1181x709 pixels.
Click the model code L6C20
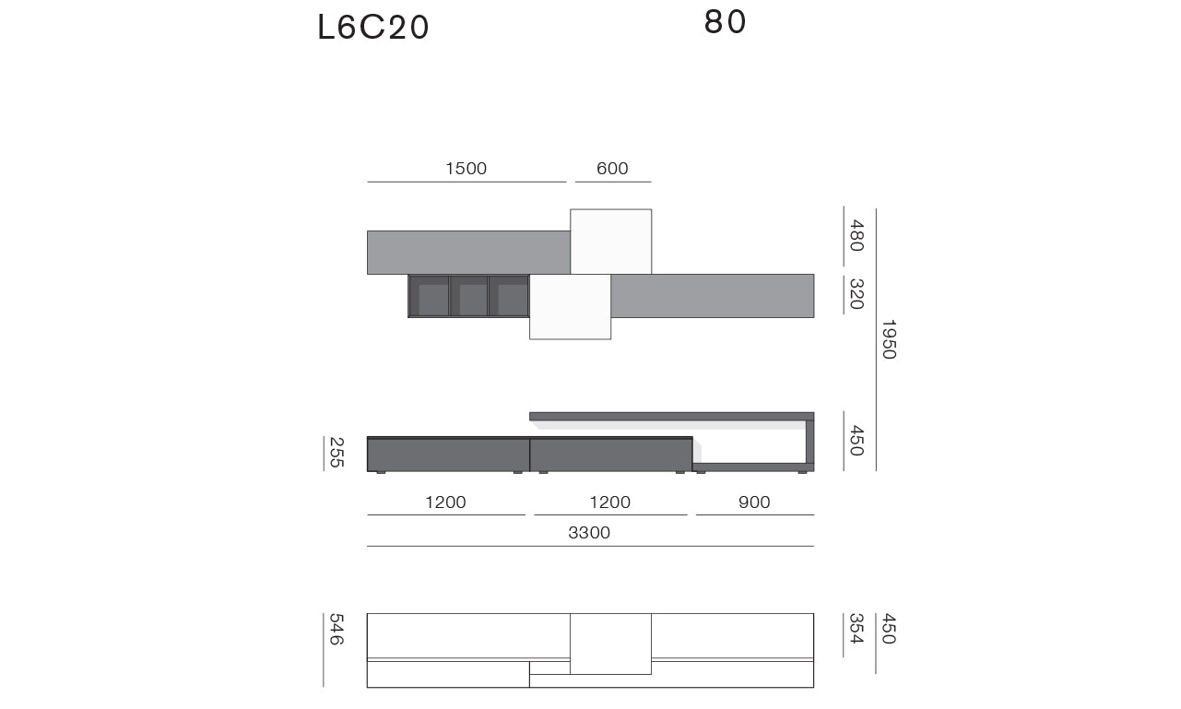pyautogui.click(x=373, y=27)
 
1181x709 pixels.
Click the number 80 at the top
pyautogui.click(x=725, y=22)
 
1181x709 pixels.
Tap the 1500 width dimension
pyautogui.click(x=466, y=168)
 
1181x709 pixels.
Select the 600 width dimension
pyautogui.click(x=612, y=168)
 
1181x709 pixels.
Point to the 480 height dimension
pyautogui.click(x=856, y=236)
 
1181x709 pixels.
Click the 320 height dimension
pyautogui.click(x=856, y=293)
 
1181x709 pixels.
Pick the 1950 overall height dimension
pyautogui.click(x=890, y=339)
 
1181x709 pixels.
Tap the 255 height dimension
pyautogui.click(x=337, y=453)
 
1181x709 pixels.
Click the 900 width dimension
pyautogui.click(x=754, y=502)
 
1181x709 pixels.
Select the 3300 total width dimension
pyautogui.click(x=589, y=532)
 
